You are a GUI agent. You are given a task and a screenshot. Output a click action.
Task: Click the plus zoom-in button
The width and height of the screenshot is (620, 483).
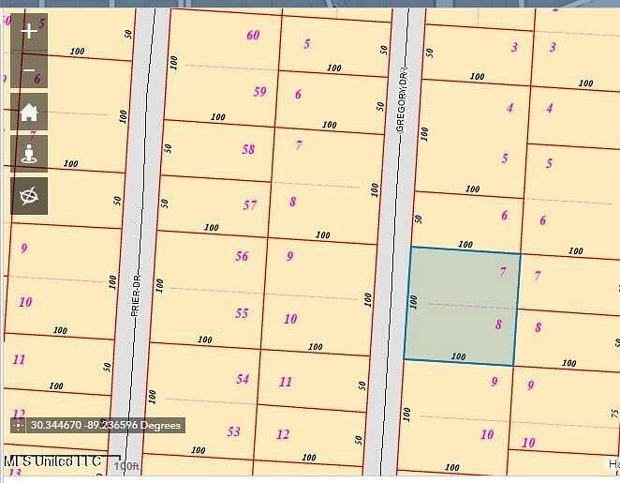(29, 31)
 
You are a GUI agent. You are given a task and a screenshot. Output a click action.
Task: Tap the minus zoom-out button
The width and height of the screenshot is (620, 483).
(29, 70)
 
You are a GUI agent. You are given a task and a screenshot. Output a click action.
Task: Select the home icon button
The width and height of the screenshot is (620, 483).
(29, 112)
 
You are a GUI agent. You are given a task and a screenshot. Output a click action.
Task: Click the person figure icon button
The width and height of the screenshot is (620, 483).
(29, 153)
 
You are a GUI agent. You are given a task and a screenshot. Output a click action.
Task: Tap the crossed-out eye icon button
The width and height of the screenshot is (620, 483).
(29, 195)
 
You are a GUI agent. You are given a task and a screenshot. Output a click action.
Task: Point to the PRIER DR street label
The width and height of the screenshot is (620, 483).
(136, 294)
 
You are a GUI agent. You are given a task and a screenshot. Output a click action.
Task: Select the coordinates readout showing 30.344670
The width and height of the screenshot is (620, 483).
(98, 425)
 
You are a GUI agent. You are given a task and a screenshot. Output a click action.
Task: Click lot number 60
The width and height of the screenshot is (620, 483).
(253, 36)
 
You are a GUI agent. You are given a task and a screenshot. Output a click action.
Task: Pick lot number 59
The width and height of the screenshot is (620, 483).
(259, 92)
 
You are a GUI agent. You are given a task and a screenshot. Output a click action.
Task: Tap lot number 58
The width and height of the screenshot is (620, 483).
(248, 149)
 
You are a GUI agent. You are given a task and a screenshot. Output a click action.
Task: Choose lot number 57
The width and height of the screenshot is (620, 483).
(250, 205)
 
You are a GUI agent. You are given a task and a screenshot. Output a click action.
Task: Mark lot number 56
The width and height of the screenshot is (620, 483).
(242, 256)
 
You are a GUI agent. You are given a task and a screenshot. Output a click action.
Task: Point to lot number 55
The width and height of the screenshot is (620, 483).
(242, 313)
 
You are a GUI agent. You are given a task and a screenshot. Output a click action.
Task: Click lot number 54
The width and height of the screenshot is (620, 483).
(243, 379)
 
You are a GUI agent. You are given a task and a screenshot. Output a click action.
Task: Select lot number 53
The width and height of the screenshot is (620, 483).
(233, 431)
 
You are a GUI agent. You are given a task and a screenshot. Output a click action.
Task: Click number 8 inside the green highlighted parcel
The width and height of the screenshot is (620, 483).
(498, 325)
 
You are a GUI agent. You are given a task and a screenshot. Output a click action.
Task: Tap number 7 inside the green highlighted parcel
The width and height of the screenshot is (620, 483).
(503, 272)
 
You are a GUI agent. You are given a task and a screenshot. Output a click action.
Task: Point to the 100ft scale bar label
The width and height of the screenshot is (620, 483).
(125, 466)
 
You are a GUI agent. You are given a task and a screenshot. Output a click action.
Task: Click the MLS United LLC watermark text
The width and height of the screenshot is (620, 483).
(52, 461)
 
